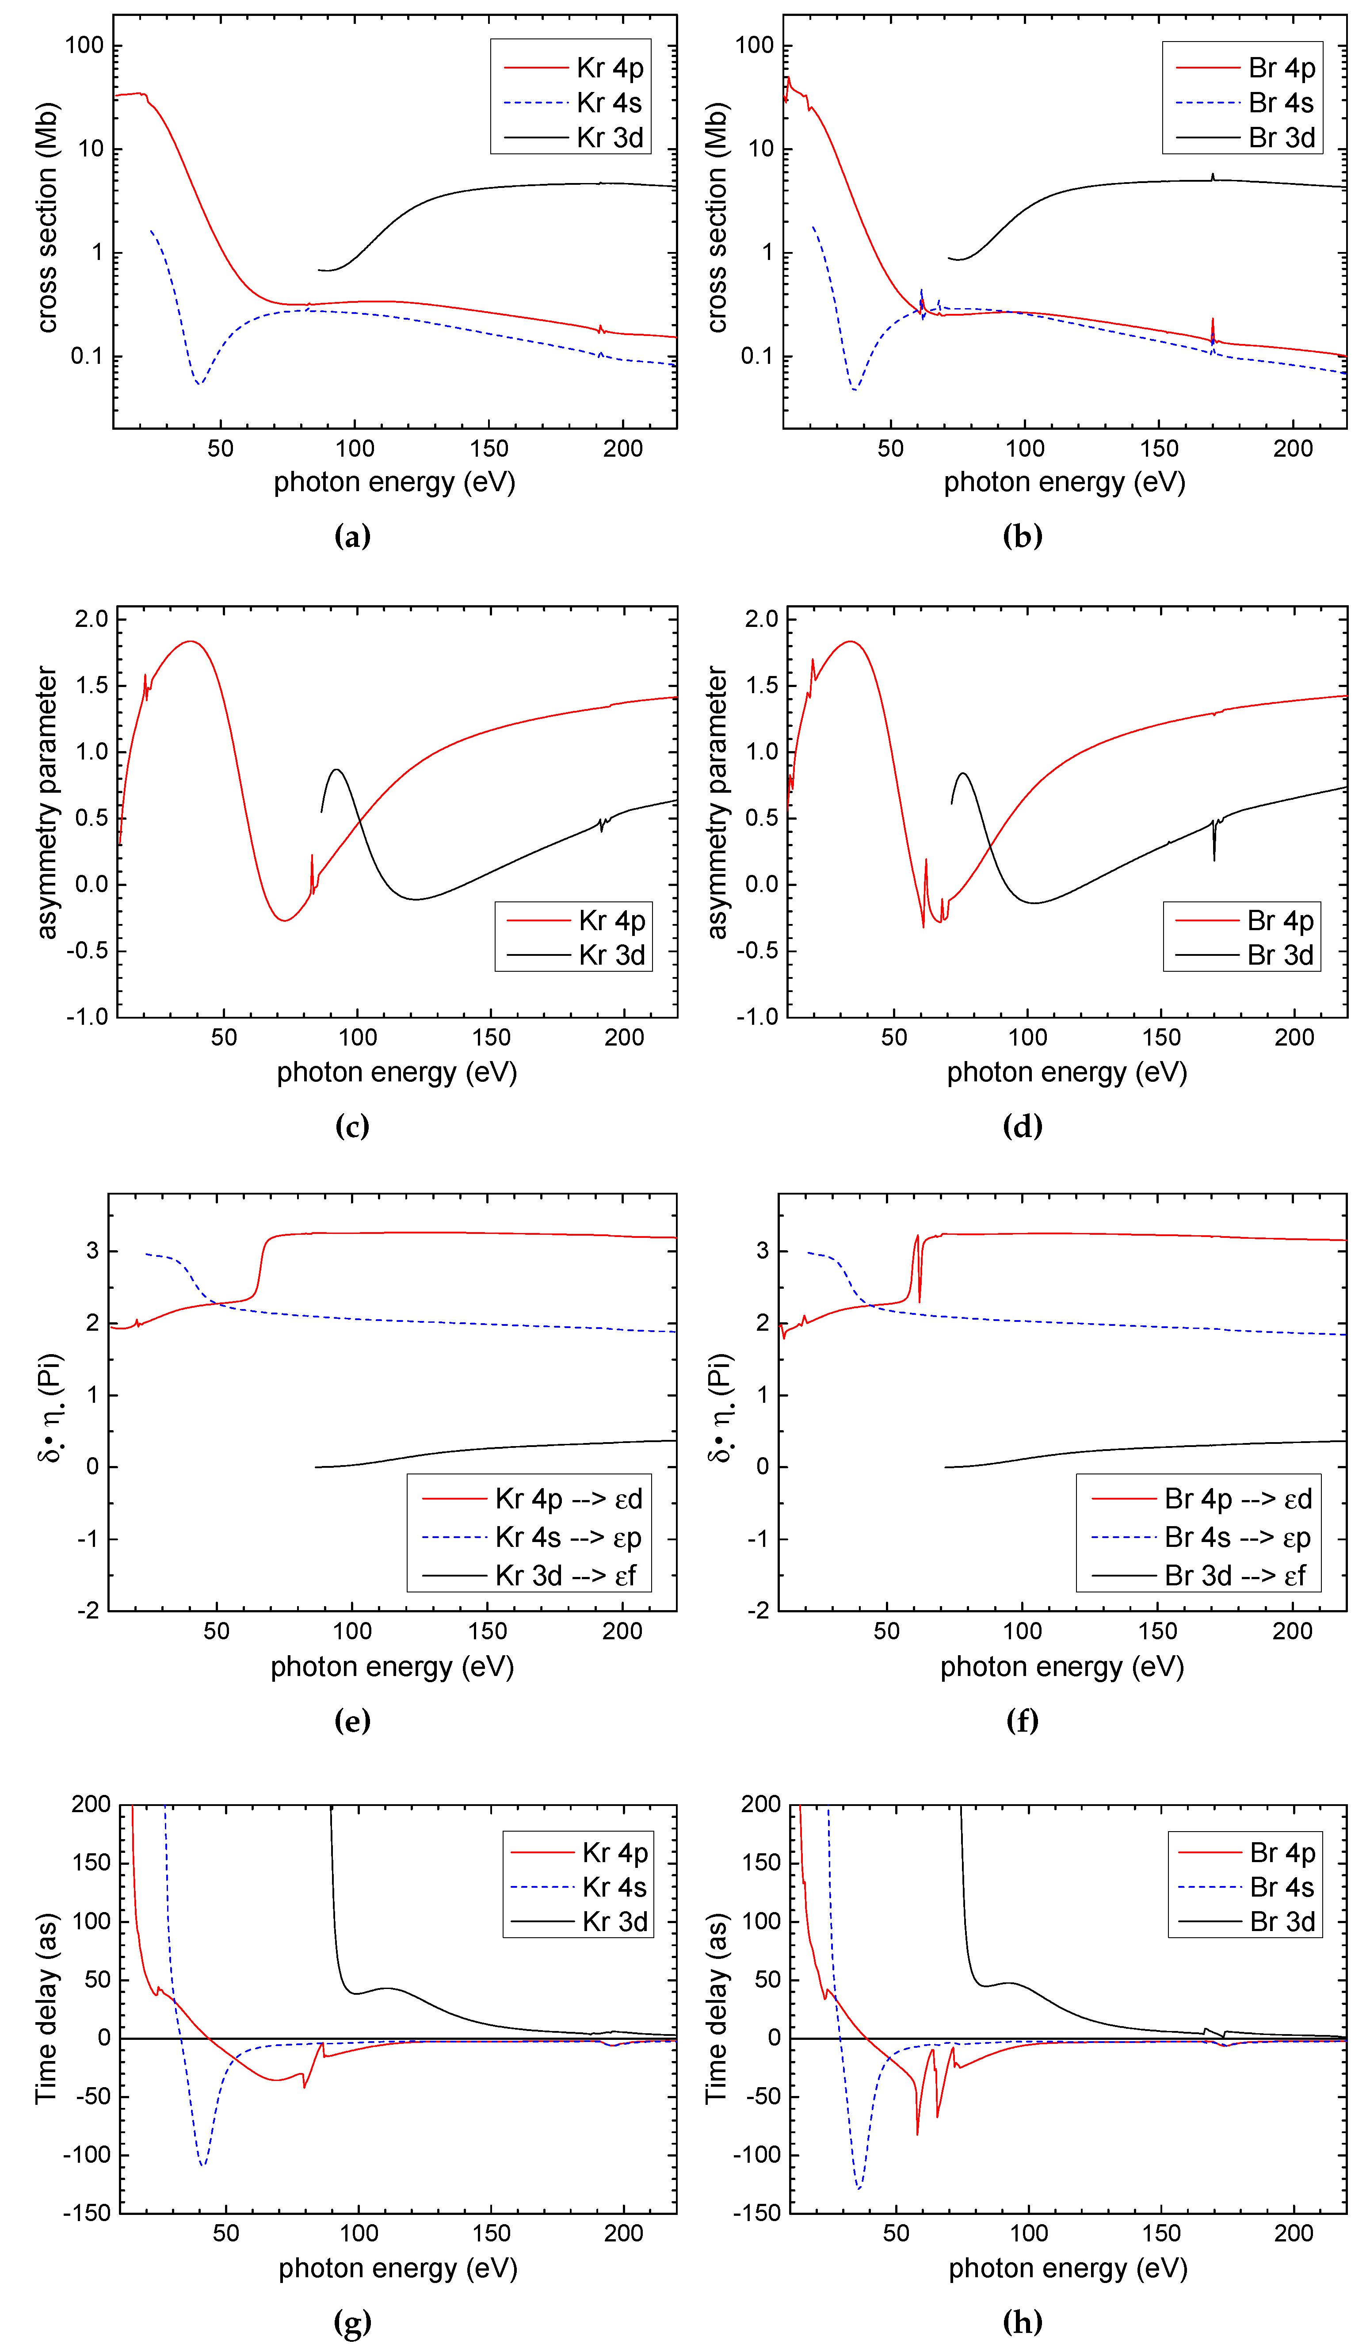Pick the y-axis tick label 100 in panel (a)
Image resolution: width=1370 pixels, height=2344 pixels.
point(84,46)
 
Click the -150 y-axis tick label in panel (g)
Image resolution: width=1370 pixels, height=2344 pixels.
point(87,2213)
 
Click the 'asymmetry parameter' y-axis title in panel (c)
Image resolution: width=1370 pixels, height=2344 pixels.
point(46,802)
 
